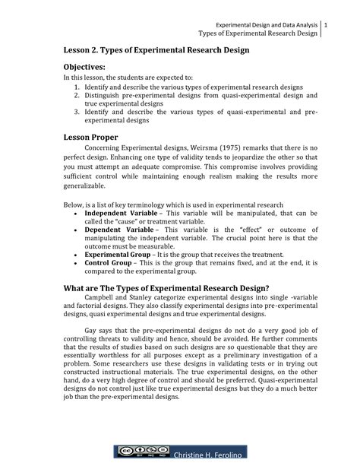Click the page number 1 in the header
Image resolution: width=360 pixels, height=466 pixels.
coord(325,27)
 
